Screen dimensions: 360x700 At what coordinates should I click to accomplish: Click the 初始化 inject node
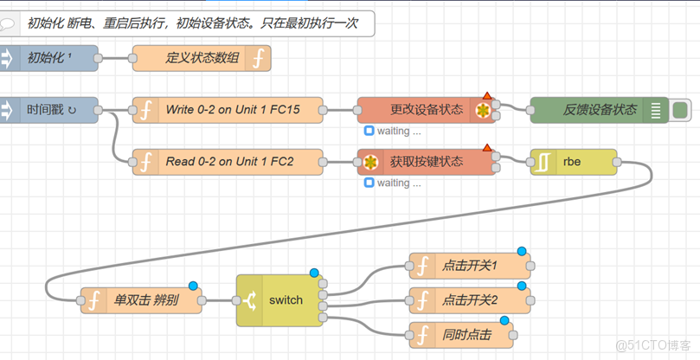48,59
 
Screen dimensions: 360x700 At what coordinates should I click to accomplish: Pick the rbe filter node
573,161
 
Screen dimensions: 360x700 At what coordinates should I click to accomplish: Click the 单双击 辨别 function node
142,300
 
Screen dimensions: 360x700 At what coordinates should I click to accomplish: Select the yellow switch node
279,300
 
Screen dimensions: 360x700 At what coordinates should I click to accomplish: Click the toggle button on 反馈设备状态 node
681,110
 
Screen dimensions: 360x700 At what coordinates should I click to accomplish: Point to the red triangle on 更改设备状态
487,96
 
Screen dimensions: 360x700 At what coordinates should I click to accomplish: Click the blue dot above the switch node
314,273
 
